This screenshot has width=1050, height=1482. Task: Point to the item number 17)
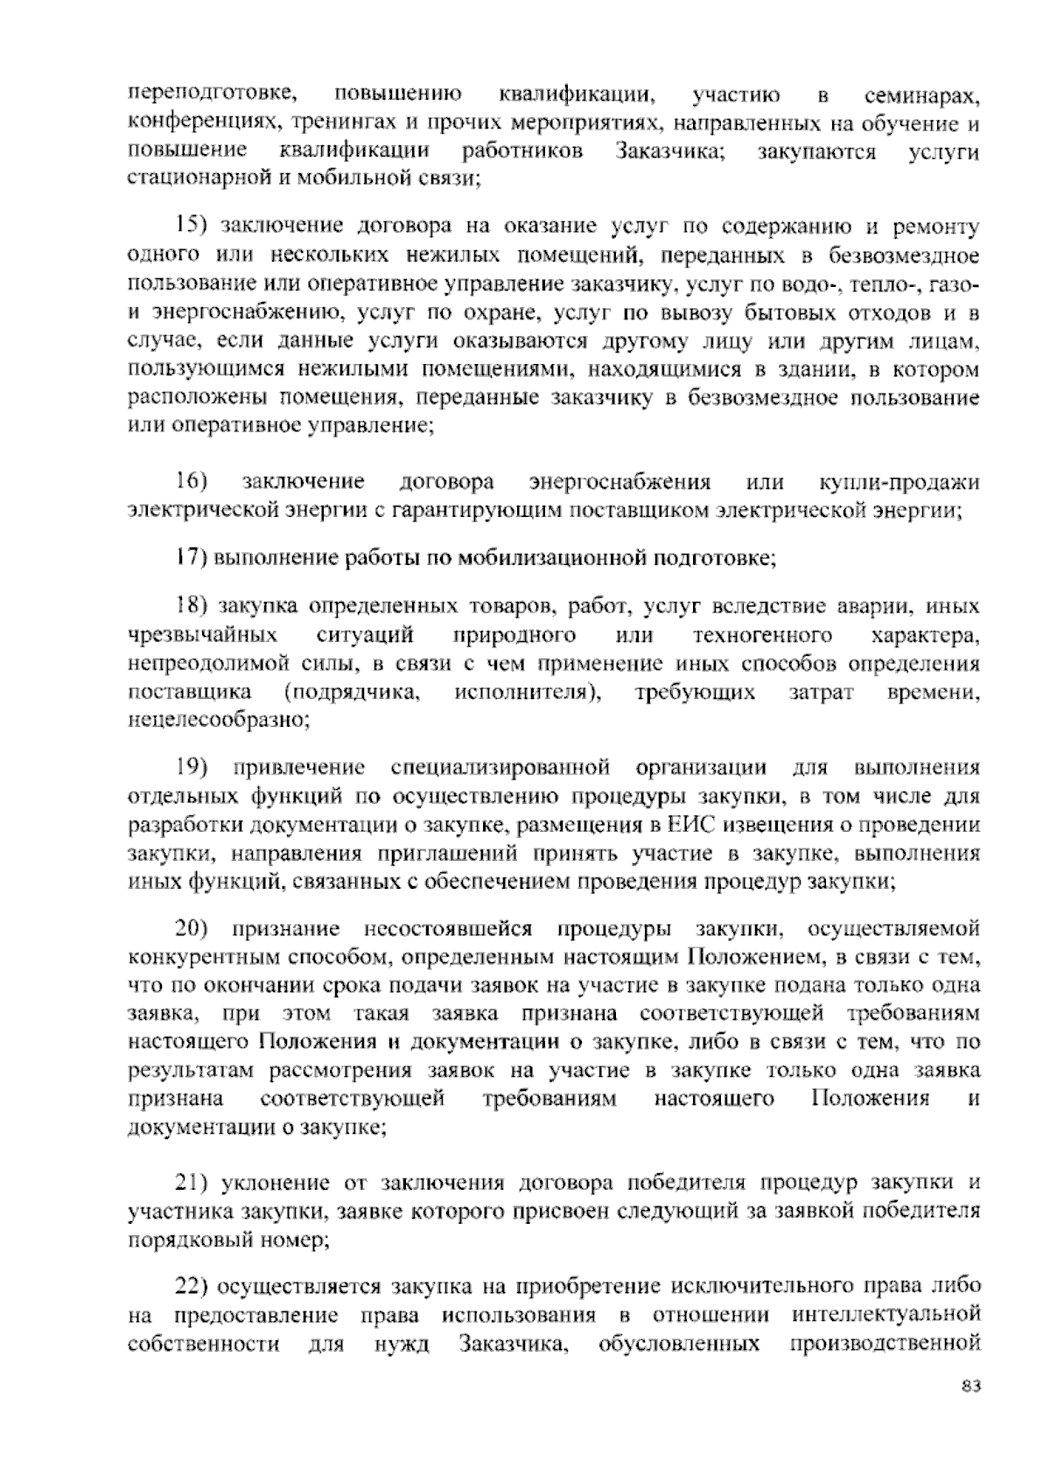(190, 557)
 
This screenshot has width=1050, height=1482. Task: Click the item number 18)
(190, 606)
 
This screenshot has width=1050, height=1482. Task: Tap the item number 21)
(190, 1184)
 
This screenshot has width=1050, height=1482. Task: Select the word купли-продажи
(899, 482)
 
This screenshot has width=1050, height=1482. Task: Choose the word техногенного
(761, 634)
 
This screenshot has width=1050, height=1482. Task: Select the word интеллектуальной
(885, 1316)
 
